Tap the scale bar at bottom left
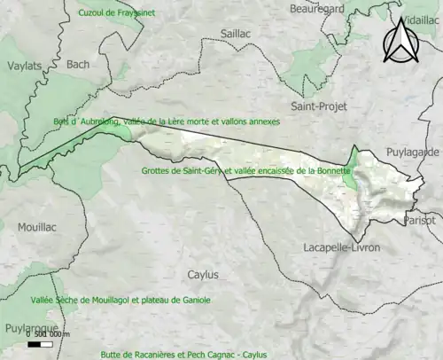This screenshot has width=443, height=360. tap(41, 343)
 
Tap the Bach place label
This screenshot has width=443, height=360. tap(78, 65)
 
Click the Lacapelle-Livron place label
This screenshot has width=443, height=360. tap(340, 247)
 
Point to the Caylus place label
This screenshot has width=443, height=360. tap(203, 275)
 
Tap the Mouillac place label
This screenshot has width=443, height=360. tap(36, 227)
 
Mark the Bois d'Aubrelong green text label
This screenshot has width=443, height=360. tap(166, 121)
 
